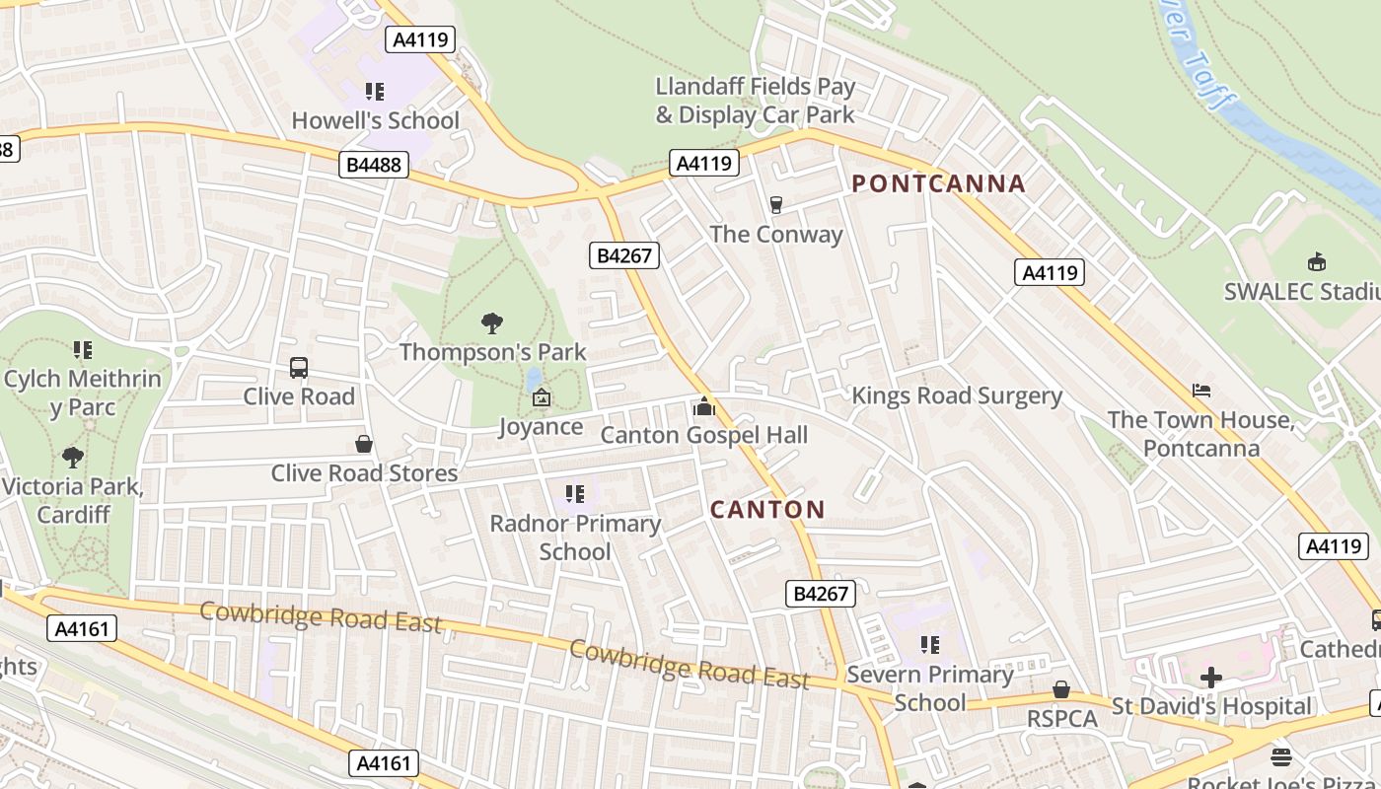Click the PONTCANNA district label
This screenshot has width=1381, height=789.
[x=938, y=183]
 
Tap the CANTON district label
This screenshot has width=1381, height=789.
[x=767, y=509]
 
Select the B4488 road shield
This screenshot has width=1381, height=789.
[x=375, y=165]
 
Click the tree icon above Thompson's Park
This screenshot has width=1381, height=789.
[x=492, y=323]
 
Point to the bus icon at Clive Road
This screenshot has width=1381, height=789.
[x=299, y=368]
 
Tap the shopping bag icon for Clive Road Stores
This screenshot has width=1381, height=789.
[x=364, y=444]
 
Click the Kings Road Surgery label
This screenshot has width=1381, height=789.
[x=956, y=396]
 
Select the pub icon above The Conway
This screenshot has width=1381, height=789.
[x=776, y=205]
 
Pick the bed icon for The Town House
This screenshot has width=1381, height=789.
[x=1200, y=391]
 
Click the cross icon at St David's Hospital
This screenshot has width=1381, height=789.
[x=1211, y=678]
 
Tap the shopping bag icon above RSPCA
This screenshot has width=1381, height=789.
[x=1061, y=689]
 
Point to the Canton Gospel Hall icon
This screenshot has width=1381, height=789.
[x=703, y=406]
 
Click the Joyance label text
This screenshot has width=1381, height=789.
[x=541, y=427]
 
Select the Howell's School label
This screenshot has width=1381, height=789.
[x=375, y=120]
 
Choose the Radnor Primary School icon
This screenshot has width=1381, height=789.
[x=575, y=494]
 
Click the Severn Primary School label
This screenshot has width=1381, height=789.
[x=930, y=688]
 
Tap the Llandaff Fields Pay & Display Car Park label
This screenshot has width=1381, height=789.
[x=756, y=101]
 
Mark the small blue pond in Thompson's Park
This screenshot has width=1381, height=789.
[x=534, y=379]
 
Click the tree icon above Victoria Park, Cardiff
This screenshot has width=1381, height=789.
[x=72, y=458]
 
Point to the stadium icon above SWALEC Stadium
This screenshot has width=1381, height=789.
[x=1316, y=262]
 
